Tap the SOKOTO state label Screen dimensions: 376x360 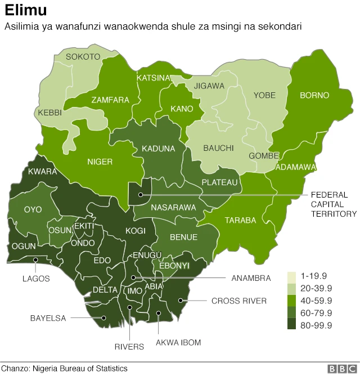pyautogui.click(x=83, y=57)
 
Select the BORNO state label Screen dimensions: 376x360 pyautogui.click(x=314, y=95)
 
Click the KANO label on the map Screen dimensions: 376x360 pyautogui.click(x=182, y=109)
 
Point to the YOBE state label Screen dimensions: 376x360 pyautogui.click(x=264, y=95)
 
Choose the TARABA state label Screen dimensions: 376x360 pyautogui.click(x=240, y=220)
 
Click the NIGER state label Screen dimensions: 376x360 pyautogui.click(x=100, y=162)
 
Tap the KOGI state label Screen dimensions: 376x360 pyautogui.click(x=136, y=231)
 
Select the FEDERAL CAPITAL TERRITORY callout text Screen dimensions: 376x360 pyautogui.click(x=334, y=204)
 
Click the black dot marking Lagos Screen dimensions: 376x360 pyautogui.click(x=35, y=259)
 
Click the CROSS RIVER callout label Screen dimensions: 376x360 pyautogui.click(x=238, y=301)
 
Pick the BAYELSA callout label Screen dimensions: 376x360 pyautogui.click(x=48, y=318)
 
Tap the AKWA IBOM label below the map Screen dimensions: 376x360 pyautogui.click(x=178, y=342)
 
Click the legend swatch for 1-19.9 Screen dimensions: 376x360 pyautogui.click(x=292, y=277)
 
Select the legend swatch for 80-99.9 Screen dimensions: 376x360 pyautogui.click(x=292, y=325)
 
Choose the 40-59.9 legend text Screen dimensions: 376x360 pyautogui.click(x=317, y=301)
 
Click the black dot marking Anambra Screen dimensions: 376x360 pyautogui.click(x=133, y=277)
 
